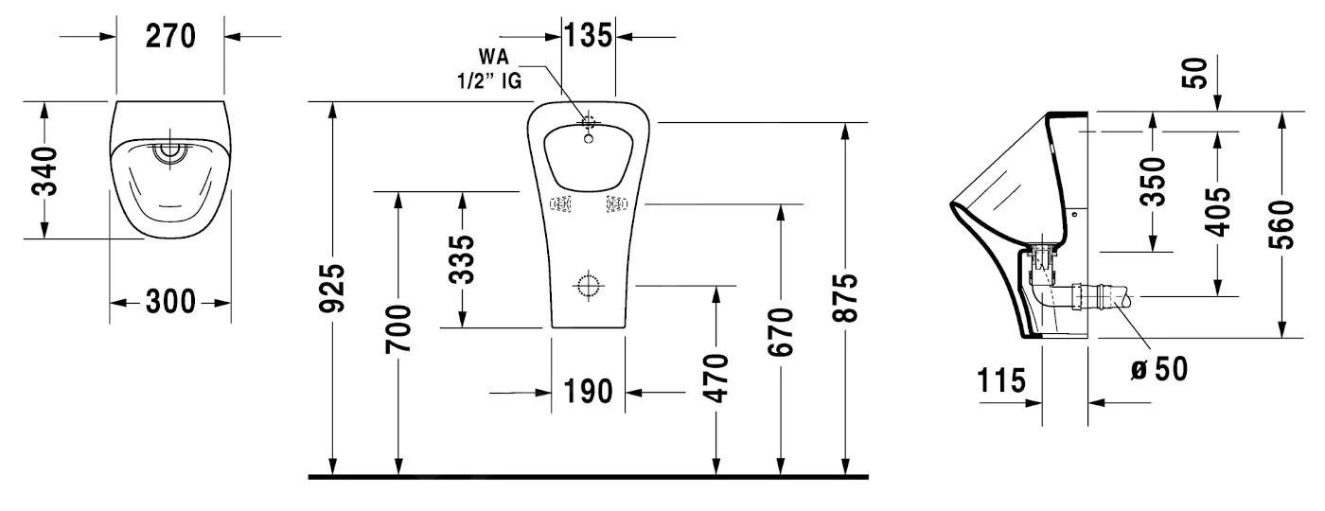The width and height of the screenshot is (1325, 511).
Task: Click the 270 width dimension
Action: pos(170,36)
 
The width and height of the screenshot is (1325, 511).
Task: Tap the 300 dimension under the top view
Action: pos(170,303)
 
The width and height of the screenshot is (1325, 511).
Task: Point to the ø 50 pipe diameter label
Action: pos(1156,366)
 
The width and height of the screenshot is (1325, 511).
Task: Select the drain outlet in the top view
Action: pos(171,150)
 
